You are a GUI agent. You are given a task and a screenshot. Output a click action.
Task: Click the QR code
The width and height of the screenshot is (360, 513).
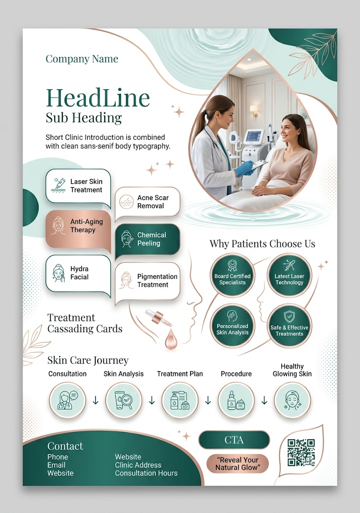pyautogui.click(x=301, y=453)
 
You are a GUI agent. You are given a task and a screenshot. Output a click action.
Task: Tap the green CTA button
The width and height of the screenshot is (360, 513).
pyautogui.click(x=234, y=440)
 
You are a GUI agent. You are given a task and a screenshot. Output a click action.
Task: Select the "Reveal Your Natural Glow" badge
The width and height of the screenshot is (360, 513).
pyautogui.click(x=237, y=464)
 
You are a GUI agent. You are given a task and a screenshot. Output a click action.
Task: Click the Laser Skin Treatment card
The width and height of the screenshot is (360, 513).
pyautogui.click(x=78, y=186)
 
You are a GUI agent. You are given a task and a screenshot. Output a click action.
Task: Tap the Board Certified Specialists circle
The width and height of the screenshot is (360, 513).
pyautogui.click(x=232, y=276)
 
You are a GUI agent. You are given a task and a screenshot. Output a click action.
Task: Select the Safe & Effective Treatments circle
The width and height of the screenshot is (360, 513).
pyautogui.click(x=289, y=326)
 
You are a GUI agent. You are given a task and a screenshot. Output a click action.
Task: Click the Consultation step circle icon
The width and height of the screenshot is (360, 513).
pyautogui.click(x=67, y=400)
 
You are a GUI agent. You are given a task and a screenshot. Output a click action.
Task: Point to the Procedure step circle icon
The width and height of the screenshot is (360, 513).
pyautogui.click(x=236, y=400)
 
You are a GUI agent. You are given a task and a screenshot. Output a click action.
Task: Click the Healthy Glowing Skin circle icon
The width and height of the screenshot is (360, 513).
pyautogui.click(x=292, y=400)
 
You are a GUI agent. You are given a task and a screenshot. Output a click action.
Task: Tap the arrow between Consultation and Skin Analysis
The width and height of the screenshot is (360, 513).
pyautogui.click(x=96, y=400)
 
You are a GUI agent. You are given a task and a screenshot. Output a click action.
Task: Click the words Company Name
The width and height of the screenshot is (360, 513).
pyautogui.click(x=82, y=59)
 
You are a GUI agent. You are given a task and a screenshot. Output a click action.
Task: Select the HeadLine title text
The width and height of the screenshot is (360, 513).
pyautogui.click(x=98, y=98)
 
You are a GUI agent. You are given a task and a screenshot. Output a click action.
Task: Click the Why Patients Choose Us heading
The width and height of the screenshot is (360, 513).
pyautogui.click(x=262, y=244)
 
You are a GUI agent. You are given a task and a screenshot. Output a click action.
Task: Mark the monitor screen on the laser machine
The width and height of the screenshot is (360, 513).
pyautogui.click(x=254, y=135)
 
